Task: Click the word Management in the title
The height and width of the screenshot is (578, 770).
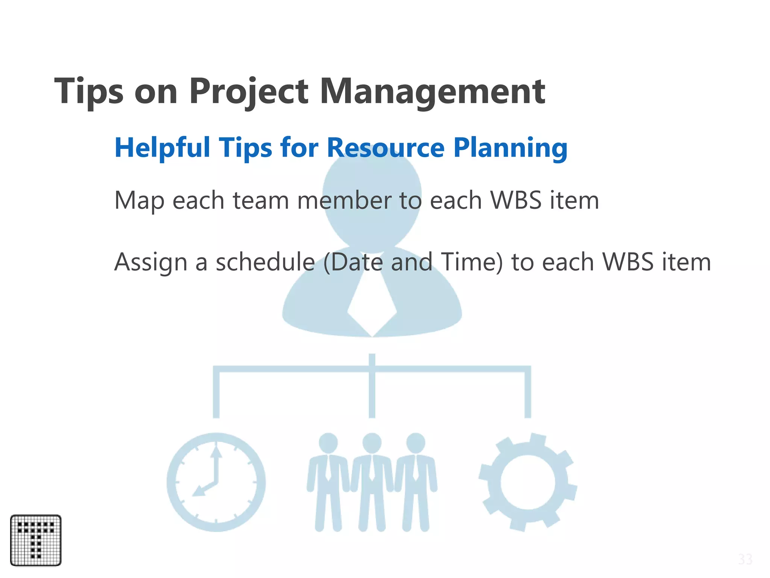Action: (x=432, y=91)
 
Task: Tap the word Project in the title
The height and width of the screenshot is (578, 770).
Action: (x=249, y=91)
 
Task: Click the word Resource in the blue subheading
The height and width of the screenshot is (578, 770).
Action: (x=386, y=148)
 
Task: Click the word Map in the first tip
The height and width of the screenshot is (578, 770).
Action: (x=139, y=201)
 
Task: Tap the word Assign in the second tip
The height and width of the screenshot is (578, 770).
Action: (x=151, y=262)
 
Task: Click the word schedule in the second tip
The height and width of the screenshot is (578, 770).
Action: (x=265, y=262)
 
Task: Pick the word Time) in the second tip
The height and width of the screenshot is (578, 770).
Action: (x=472, y=262)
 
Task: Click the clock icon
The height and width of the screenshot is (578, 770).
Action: (x=216, y=482)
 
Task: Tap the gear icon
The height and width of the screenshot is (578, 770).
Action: (x=527, y=482)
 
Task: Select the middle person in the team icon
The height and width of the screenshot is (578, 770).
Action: (x=372, y=482)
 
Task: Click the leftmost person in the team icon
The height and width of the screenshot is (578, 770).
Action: (x=328, y=482)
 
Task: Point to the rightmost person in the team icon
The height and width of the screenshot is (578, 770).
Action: (x=415, y=482)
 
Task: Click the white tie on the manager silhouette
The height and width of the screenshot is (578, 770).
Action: (x=372, y=305)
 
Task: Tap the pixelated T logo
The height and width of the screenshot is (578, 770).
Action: (x=36, y=540)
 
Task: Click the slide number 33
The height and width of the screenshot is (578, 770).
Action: (x=745, y=560)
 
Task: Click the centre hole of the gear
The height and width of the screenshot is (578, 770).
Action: (x=527, y=482)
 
